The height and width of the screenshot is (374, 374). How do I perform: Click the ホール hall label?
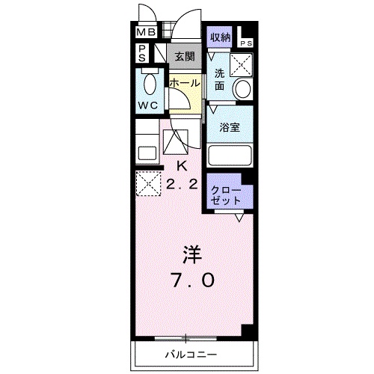click(183, 84)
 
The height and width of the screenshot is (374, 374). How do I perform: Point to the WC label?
click(147, 105)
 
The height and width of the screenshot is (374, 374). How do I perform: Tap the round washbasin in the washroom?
click(242, 88)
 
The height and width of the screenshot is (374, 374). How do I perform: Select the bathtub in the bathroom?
click(229, 156)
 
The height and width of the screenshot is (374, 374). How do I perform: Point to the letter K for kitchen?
click(181, 165)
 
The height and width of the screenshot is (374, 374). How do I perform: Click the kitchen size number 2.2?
click(182, 184)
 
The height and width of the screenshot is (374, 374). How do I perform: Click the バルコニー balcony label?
click(190, 352)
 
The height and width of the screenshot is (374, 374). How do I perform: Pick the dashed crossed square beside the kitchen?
click(148, 183)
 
